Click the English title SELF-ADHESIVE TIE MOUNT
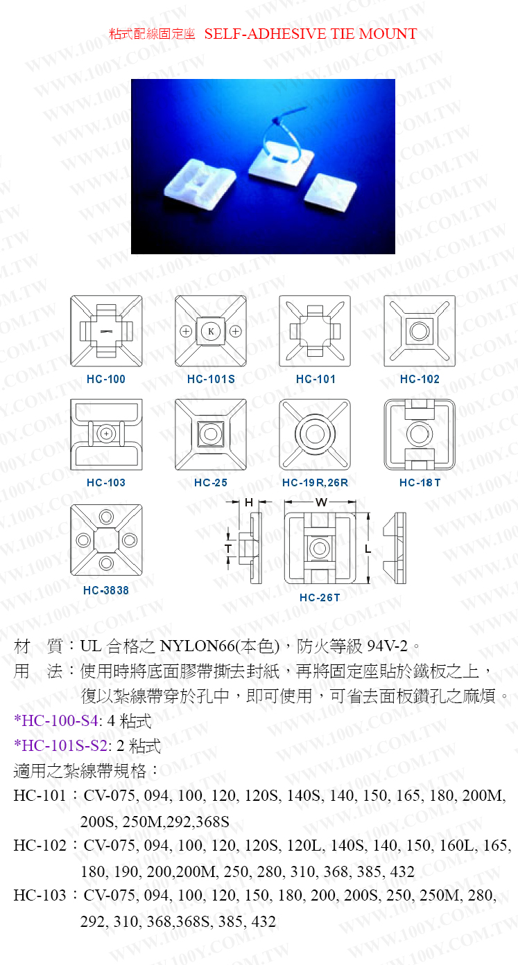[x=311, y=34]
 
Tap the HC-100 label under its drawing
[x=106, y=379]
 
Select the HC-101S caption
[x=211, y=379]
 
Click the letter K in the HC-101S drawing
[x=211, y=331]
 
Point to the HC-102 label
[x=420, y=379]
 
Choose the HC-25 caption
[x=211, y=482]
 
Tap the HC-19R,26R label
[x=315, y=482]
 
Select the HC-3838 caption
[x=106, y=590]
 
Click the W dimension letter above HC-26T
[x=321, y=502]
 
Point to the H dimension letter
[x=249, y=502]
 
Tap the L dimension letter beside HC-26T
[x=368, y=549]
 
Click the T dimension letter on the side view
[x=228, y=549]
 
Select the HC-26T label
[x=320, y=598]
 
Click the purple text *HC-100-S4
[x=56, y=720]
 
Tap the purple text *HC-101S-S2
[x=60, y=745]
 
